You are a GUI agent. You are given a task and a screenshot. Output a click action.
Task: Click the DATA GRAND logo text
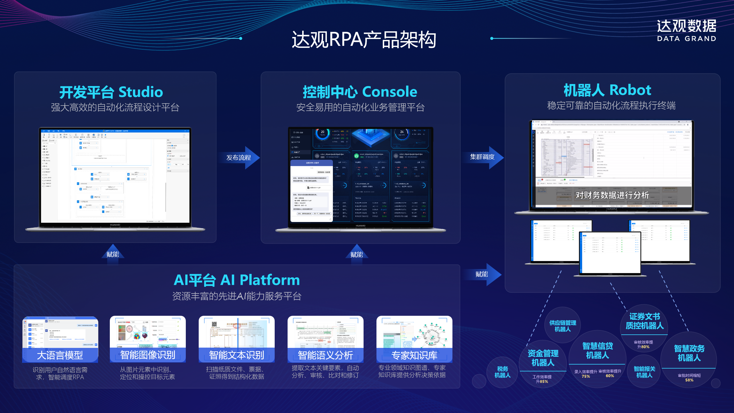686,39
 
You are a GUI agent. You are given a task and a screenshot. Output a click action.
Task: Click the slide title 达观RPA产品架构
364,40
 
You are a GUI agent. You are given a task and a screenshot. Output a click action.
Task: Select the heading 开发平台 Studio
111,92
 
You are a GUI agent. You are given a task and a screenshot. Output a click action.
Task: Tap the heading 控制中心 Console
360,92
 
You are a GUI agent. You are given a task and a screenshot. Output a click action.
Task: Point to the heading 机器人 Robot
607,90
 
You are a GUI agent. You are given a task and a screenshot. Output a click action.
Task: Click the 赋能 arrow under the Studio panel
113,254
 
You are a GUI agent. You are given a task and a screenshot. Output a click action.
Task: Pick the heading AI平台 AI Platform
237,280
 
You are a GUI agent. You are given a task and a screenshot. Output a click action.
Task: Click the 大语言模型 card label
60,355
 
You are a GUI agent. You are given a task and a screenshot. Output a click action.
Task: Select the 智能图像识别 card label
148,355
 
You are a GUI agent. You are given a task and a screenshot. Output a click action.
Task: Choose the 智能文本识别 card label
237,355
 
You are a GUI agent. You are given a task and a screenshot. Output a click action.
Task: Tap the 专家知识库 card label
414,355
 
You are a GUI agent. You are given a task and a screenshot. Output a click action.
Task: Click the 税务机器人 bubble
502,372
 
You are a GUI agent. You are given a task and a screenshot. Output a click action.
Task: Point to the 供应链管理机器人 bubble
563,326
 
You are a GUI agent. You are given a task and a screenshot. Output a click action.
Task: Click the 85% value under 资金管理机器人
544,381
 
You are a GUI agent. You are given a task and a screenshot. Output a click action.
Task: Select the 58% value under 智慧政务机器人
689,380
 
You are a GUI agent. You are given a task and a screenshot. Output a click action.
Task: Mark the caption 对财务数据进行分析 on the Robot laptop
612,195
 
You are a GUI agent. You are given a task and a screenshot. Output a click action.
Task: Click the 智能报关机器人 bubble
644,372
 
